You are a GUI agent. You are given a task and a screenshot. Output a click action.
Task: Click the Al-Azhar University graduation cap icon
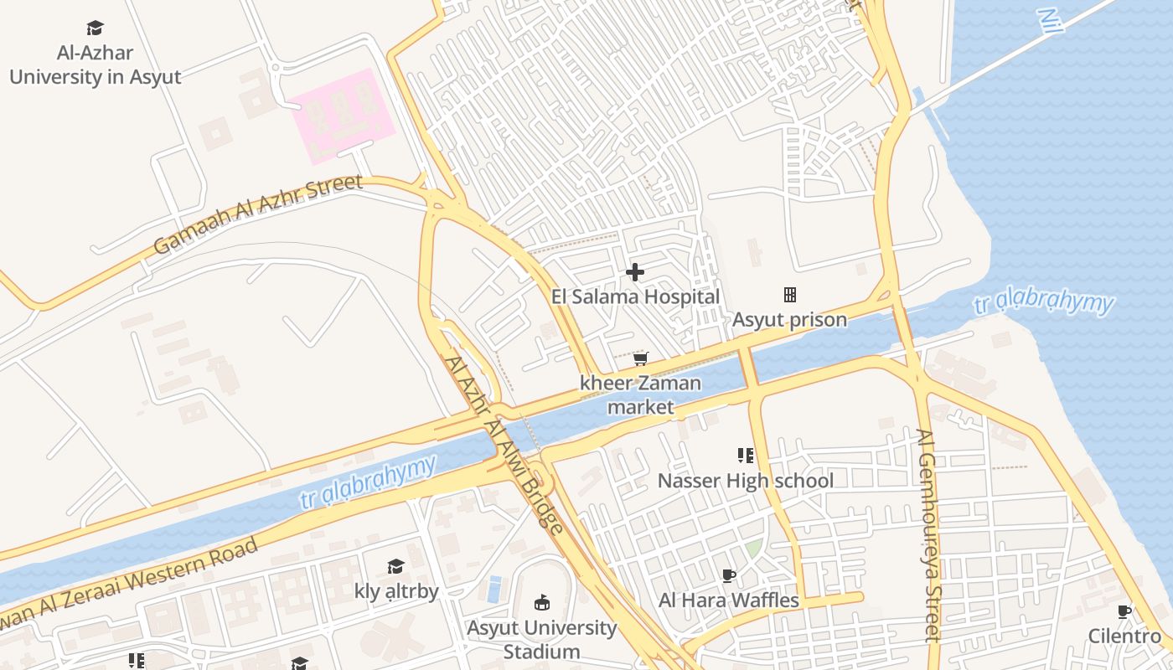point(95,28)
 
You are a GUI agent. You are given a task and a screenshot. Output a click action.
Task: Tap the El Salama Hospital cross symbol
point(635,271)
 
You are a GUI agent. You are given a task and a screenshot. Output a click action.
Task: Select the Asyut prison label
point(789,320)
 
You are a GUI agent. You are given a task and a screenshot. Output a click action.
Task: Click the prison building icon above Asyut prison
point(789,295)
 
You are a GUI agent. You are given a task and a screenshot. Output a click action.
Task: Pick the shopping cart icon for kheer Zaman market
point(640,358)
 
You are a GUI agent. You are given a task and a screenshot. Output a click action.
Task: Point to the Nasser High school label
point(745,481)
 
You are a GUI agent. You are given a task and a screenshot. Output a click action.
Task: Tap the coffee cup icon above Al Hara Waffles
point(729,575)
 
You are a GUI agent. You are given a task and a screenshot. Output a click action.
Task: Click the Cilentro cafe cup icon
point(1124,611)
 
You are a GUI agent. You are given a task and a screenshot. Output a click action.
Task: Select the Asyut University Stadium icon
point(541,602)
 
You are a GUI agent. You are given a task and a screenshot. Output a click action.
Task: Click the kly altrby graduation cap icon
point(395,567)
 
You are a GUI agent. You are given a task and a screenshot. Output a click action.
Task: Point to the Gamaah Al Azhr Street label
point(258,214)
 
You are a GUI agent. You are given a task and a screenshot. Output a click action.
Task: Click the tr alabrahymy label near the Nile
point(1044,304)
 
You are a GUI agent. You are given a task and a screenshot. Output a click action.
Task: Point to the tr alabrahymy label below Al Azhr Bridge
point(369,482)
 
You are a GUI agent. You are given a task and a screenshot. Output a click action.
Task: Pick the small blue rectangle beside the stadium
point(494,589)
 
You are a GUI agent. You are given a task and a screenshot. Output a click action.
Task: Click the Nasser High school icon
point(745,456)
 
